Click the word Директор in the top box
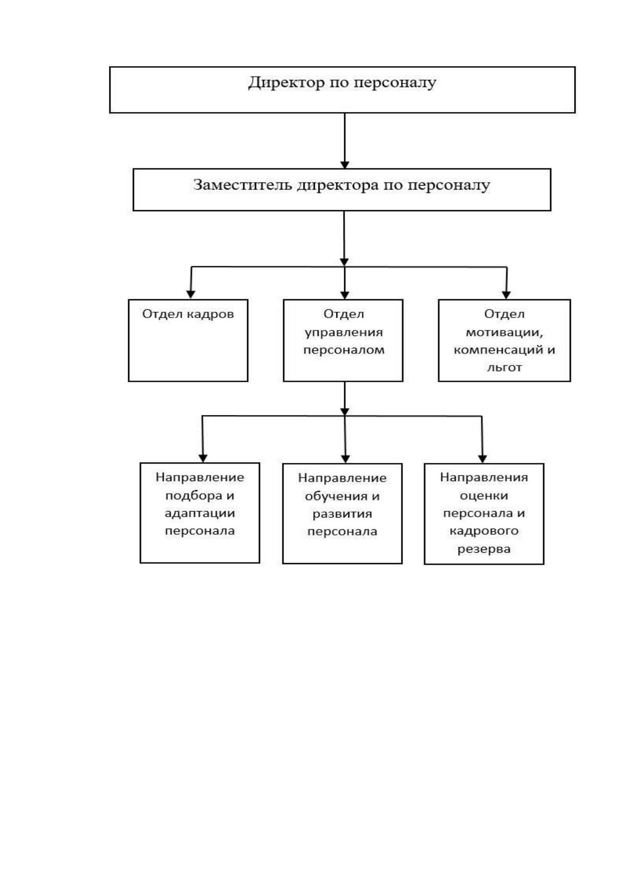click(x=287, y=83)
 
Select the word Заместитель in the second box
click(x=242, y=185)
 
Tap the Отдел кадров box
click(x=188, y=340)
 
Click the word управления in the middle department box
click(x=344, y=333)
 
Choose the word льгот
click(x=504, y=367)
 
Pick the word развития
click(x=342, y=514)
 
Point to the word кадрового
click(x=484, y=531)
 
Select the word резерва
click(x=484, y=548)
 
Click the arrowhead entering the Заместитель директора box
click(x=345, y=165)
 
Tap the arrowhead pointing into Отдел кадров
click(x=191, y=294)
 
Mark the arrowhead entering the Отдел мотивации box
click(x=506, y=295)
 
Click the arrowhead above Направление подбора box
click(x=203, y=458)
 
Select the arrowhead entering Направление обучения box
click(x=345, y=459)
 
